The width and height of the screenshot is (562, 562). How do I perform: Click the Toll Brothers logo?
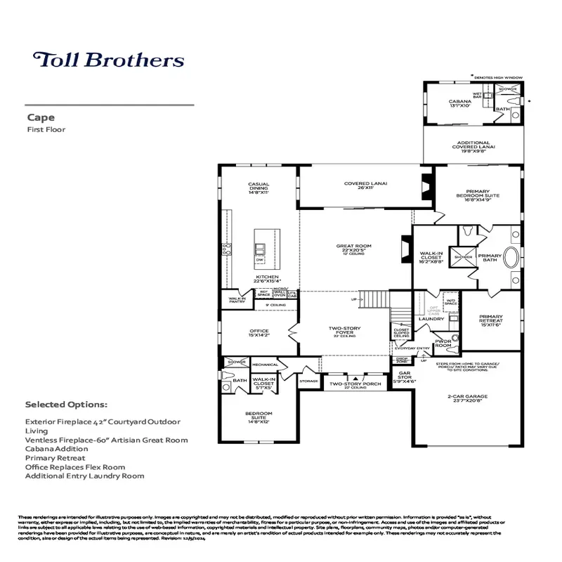point(108,59)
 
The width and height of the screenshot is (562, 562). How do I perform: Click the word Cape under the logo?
point(37,118)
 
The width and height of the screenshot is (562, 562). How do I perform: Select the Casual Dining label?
point(259,188)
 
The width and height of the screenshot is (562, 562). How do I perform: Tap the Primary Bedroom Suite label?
point(477,196)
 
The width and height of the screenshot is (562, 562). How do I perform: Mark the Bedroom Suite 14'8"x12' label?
point(259,416)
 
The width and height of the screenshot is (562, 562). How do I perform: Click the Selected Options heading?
point(66,405)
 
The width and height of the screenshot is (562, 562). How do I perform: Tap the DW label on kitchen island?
point(260,260)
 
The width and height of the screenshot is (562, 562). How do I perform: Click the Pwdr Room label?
point(443,343)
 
